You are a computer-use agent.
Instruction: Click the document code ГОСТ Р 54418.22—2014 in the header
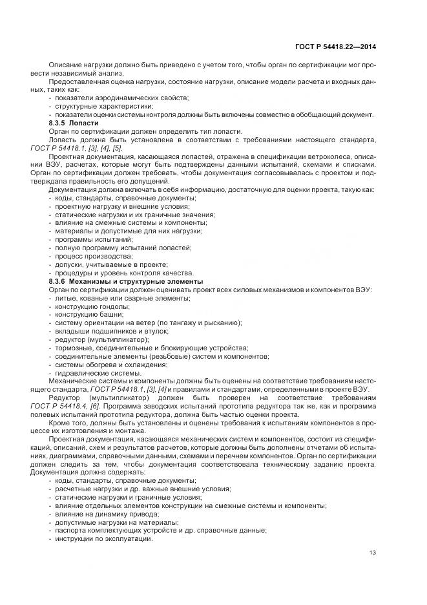click(337, 46)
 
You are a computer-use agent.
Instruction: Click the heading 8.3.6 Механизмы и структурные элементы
click(126, 281)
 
